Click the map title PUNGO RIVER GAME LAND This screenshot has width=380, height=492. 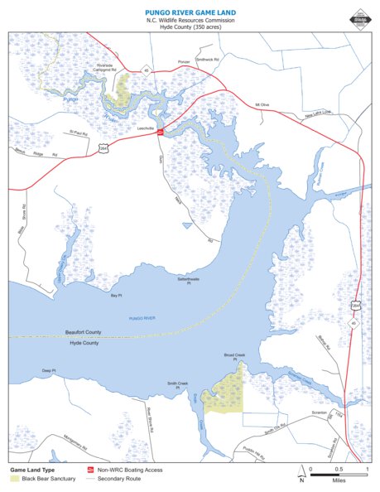(x=190, y=12)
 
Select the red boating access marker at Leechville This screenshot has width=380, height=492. (x=160, y=130)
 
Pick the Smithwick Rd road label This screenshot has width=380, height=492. (x=207, y=60)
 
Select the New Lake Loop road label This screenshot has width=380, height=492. (x=317, y=113)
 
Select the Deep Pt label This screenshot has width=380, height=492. (x=48, y=370)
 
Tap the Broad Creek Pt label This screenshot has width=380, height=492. (x=235, y=356)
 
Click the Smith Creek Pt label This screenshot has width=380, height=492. (x=179, y=385)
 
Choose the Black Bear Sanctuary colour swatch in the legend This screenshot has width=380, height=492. (x=15, y=479)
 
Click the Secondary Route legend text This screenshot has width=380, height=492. (x=116, y=479)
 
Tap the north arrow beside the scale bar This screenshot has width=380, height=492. (x=301, y=475)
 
